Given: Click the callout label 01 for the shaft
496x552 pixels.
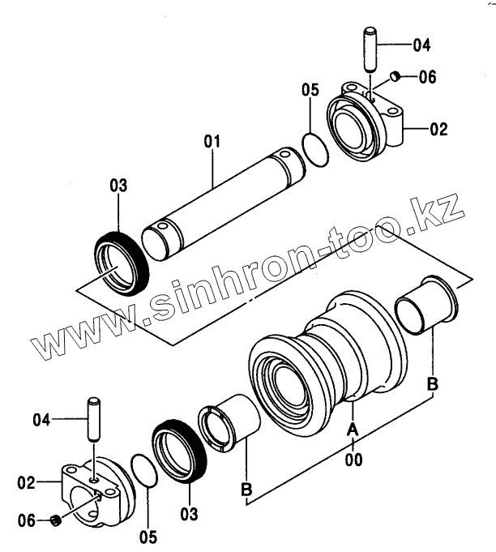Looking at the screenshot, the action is click(212, 143).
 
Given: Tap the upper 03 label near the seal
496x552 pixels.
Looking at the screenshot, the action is click(118, 186).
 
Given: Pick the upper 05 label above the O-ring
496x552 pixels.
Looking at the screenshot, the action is click(310, 89).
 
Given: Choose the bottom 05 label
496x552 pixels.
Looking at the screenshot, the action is click(147, 536).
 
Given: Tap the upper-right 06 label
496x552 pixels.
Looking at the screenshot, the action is click(427, 77).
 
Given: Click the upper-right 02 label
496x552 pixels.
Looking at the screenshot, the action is click(438, 127).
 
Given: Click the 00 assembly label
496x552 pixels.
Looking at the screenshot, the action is click(353, 460).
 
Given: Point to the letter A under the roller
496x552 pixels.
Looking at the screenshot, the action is click(353, 428).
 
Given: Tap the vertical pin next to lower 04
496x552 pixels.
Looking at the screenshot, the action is click(95, 418).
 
